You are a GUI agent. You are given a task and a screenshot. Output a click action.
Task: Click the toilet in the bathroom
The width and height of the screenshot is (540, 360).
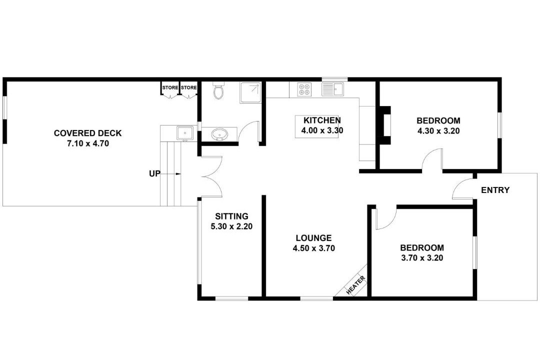click(x=218, y=90)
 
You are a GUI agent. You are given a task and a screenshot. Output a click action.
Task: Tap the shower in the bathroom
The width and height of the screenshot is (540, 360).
click(x=250, y=92)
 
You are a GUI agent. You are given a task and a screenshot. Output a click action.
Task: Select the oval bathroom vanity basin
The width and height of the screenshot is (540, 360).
click(x=219, y=134)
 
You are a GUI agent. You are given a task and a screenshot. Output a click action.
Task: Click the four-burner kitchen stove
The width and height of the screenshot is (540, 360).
click(x=304, y=89)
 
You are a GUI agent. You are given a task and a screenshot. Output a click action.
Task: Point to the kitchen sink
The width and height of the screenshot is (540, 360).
click(x=332, y=89)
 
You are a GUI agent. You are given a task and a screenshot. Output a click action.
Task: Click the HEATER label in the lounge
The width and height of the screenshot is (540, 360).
click(x=356, y=285)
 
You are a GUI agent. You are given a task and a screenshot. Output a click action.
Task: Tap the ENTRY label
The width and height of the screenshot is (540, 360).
click(x=495, y=190)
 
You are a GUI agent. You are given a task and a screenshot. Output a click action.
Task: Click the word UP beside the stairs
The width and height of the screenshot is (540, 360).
click(x=154, y=173)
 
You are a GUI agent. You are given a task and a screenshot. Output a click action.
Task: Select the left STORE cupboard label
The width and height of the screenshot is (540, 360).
click(x=170, y=87)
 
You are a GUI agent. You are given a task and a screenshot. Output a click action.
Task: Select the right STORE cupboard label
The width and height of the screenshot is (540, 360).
click(x=188, y=87)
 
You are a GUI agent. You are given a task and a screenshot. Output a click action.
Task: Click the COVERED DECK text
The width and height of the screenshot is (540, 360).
click(x=88, y=133)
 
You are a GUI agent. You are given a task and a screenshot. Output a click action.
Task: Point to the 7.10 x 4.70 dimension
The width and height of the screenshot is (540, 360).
click(x=88, y=143)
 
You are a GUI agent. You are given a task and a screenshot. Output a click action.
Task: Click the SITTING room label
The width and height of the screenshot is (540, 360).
click(x=232, y=216)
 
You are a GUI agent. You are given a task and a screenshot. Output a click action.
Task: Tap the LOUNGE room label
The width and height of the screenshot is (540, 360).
click(x=313, y=238)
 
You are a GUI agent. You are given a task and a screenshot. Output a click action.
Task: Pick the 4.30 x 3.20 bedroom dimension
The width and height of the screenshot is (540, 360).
click(x=438, y=131)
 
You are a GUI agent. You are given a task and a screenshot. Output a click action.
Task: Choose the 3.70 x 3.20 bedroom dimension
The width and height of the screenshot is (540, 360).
click(x=422, y=257)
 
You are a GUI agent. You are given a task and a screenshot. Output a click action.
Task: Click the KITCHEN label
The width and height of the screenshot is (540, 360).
click(x=322, y=120)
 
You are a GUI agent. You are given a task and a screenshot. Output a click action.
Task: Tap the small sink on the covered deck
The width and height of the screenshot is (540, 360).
click(x=185, y=133)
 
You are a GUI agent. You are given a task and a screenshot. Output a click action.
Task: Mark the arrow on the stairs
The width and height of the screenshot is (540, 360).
click(x=170, y=174)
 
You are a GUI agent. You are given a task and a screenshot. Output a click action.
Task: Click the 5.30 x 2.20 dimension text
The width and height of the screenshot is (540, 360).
click(x=231, y=226)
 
